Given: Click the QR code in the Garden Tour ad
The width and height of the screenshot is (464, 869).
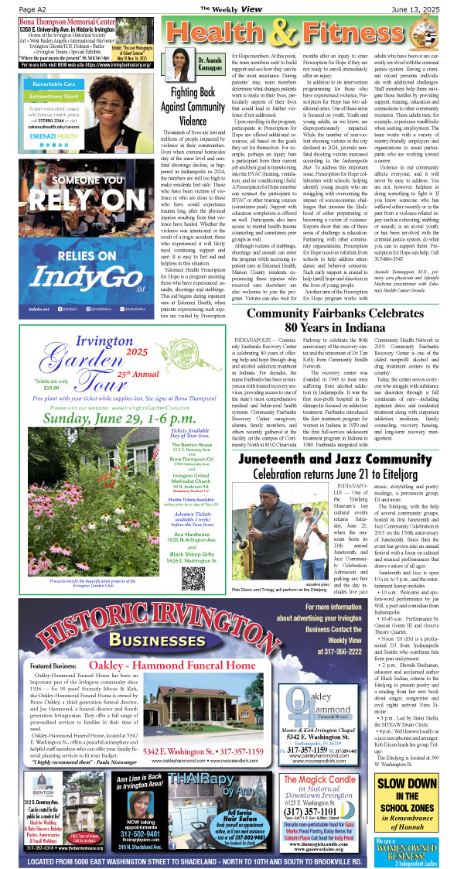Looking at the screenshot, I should pos(191,469).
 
